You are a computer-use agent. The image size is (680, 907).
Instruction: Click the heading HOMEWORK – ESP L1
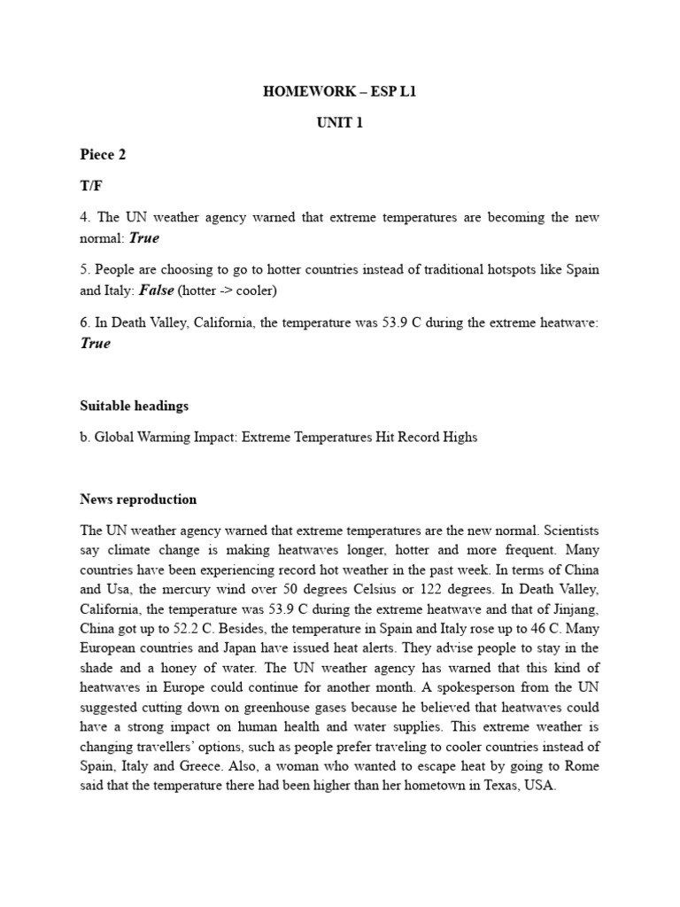pyautogui.click(x=340, y=91)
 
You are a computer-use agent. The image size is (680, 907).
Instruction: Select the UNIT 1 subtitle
pyautogui.click(x=340, y=123)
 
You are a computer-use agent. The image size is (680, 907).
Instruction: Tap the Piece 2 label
pyautogui.click(x=103, y=155)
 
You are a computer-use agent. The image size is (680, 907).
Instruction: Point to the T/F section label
pyautogui.click(x=90, y=187)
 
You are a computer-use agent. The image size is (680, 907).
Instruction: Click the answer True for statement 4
pyautogui.click(x=144, y=238)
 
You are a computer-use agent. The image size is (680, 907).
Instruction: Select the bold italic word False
pyautogui.click(x=157, y=291)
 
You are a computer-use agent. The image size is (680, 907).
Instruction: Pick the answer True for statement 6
pyautogui.click(x=96, y=344)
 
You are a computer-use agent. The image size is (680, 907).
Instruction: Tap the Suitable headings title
pyautogui.click(x=134, y=407)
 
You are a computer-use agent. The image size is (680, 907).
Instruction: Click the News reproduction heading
pyautogui.click(x=138, y=500)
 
